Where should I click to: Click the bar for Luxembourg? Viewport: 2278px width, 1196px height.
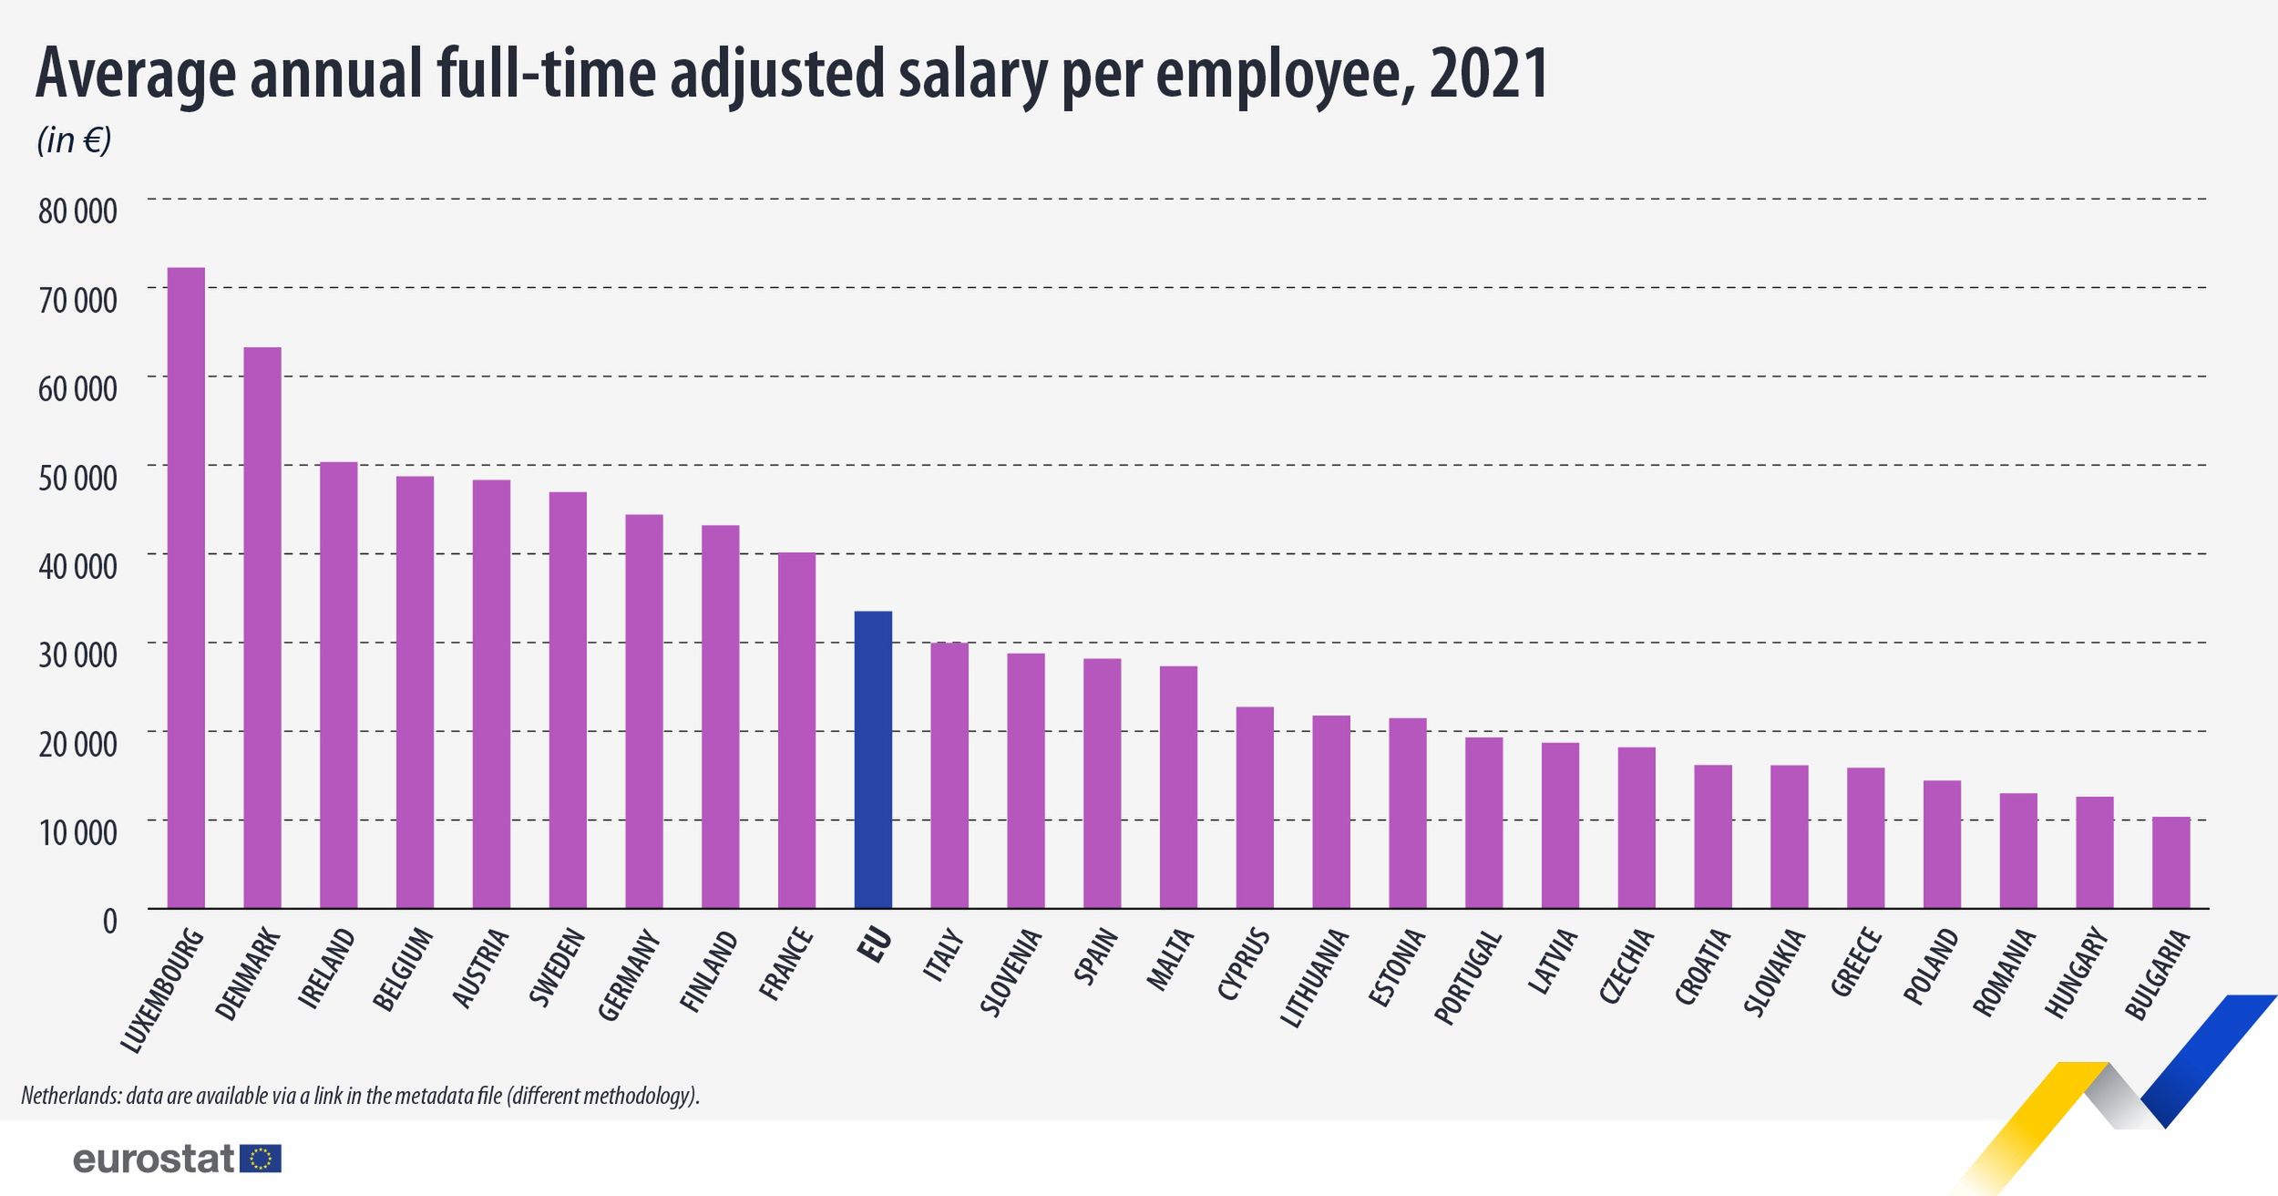tap(186, 588)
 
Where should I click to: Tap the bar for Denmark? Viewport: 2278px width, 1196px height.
tap(262, 628)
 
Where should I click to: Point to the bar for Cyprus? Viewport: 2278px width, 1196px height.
tap(1255, 808)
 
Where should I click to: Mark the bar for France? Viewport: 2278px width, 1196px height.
tap(796, 730)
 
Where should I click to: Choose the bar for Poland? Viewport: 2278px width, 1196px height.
tap(1942, 844)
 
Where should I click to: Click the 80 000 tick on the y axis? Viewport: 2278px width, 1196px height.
tap(77, 211)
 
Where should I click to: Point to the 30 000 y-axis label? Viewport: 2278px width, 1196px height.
tap(77, 655)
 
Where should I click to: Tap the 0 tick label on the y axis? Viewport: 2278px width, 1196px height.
tap(109, 921)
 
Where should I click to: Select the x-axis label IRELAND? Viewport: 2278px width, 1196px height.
tap(327, 968)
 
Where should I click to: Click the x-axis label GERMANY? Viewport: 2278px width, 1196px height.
tap(630, 974)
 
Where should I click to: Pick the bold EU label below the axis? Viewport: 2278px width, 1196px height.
tap(875, 945)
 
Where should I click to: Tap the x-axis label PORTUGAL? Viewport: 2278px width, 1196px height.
tap(1468, 977)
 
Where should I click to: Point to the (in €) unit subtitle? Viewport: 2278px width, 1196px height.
tap(74, 140)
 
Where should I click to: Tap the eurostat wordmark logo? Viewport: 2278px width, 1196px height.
tap(154, 1159)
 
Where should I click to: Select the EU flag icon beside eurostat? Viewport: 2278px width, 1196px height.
tap(261, 1159)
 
